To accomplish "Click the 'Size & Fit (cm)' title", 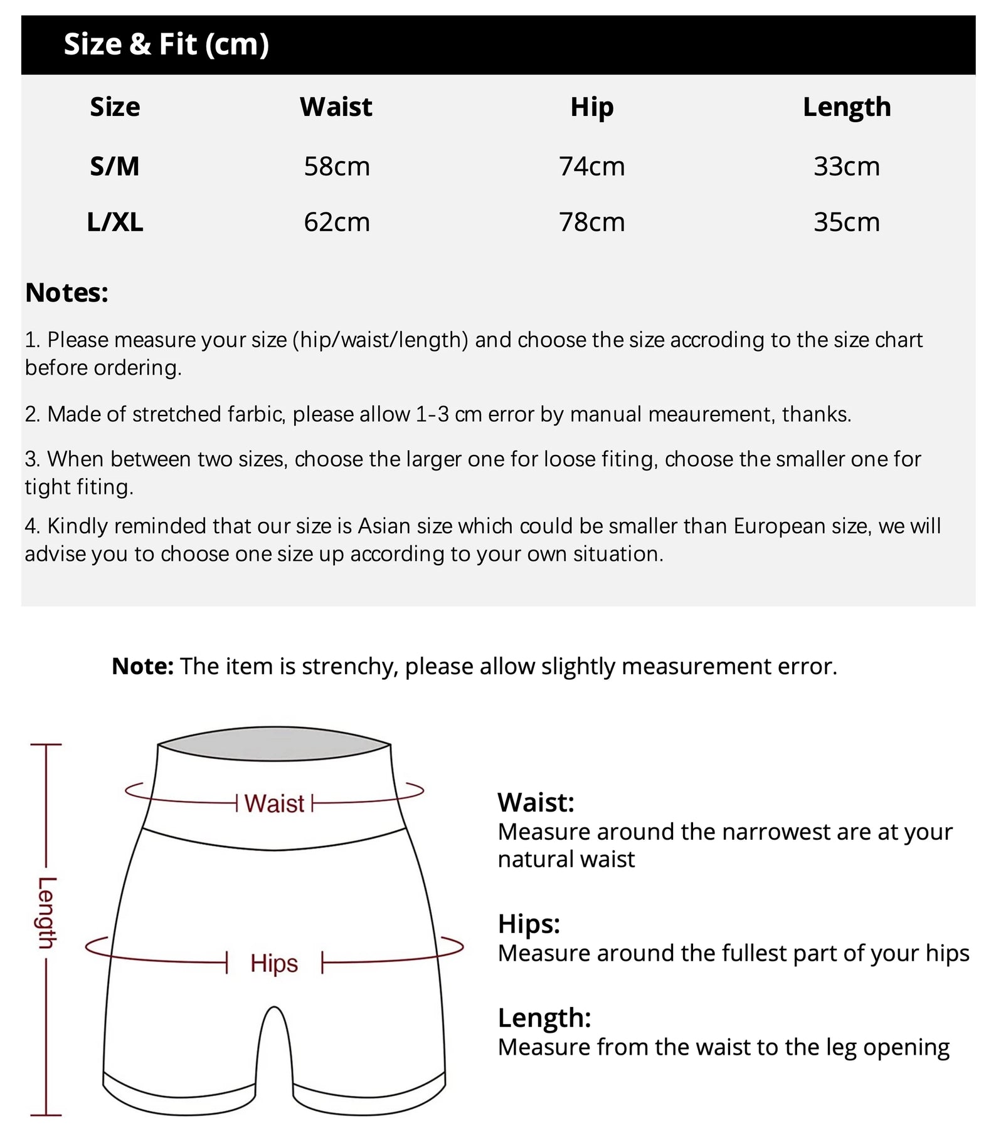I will coord(166,44).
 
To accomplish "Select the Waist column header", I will coord(336,107).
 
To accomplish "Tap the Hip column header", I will coord(591,107).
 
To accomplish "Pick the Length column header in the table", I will coord(847,107).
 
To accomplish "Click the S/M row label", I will coord(115,167).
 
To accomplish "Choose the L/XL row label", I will coord(115,222).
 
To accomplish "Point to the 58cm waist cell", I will coord(337,167).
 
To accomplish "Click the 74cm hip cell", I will coord(591,167).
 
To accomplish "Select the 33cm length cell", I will coord(847,167).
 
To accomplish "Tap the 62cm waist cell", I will coord(337,222).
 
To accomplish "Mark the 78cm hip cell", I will coord(591,222).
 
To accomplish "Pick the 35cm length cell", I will coord(847,222).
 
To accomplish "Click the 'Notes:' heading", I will coord(66,293).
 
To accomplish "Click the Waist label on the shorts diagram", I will coord(274,803).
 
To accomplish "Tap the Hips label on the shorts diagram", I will coord(274,963).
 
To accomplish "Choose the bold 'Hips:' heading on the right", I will coord(529,924).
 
